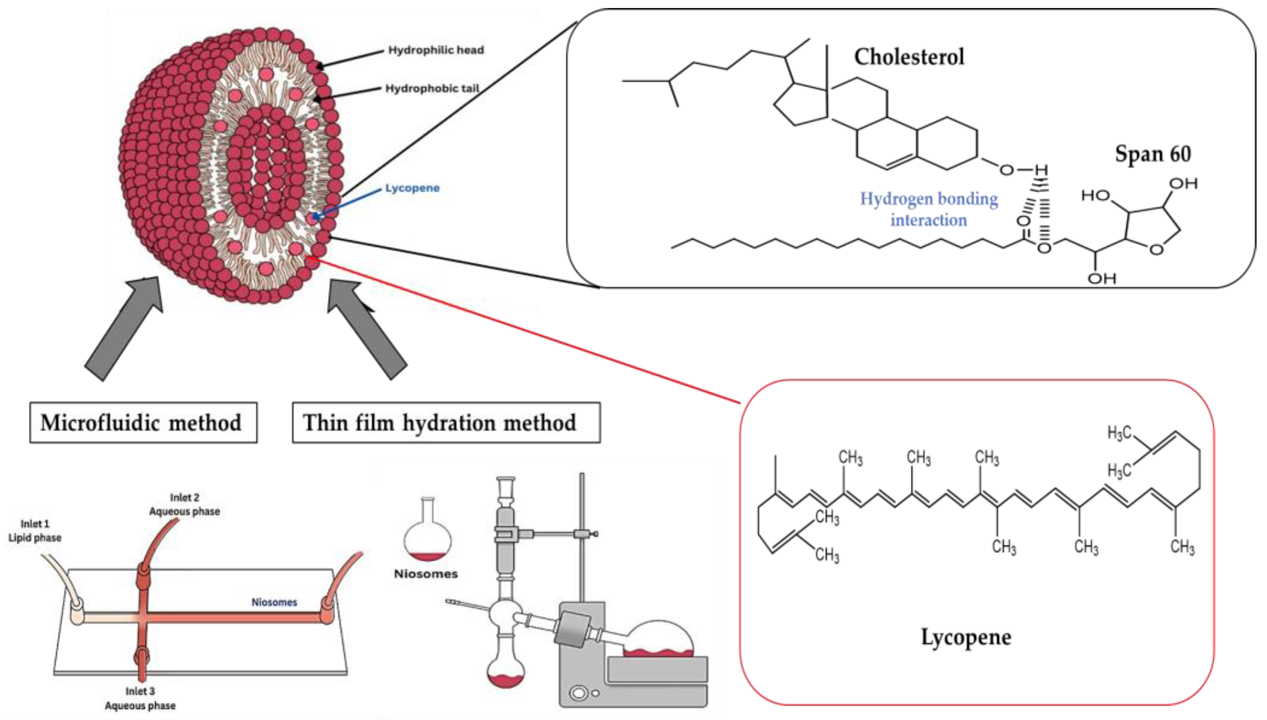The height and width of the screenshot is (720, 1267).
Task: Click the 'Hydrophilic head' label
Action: click(435, 50)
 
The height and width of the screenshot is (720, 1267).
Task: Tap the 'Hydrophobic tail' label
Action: click(432, 88)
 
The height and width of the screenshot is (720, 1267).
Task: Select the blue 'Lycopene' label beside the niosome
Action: click(412, 188)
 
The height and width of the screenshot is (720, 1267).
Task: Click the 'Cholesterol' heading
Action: click(908, 57)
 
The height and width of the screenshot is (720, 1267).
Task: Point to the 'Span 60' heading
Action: click(1152, 154)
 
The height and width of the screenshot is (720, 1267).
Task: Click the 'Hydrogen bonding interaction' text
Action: click(929, 209)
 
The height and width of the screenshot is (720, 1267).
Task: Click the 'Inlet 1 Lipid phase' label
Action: click(35, 531)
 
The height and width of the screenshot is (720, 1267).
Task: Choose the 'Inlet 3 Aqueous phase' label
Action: click(140, 698)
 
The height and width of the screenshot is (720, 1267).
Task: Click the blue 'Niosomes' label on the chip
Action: click(275, 602)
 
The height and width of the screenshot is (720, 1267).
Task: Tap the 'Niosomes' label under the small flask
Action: click(426, 574)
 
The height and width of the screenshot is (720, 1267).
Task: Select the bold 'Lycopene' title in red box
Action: click(966, 637)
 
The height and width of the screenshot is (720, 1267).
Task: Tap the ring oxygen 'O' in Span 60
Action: click(1156, 249)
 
